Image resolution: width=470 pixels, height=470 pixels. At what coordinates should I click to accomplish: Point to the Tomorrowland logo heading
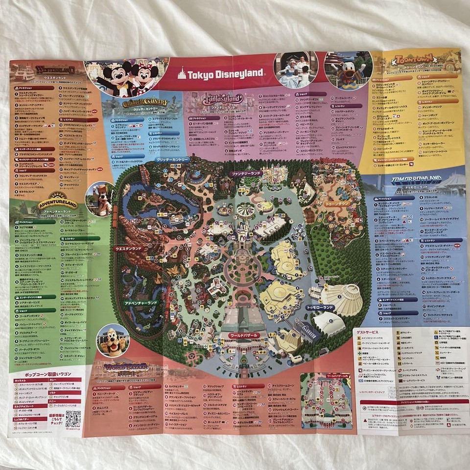tap(416, 180)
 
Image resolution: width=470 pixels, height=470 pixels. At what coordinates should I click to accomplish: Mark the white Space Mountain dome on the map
tap(343, 298)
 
